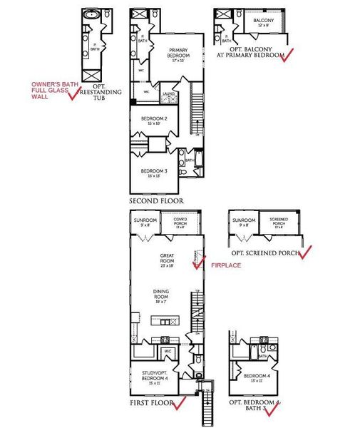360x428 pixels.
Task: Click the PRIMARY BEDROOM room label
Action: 168,56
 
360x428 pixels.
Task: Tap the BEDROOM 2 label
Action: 155,120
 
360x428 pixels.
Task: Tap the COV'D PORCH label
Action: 179,221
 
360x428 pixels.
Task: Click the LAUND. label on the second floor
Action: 170,93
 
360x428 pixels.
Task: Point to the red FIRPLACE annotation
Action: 227,265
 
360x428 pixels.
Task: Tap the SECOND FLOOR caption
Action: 156,202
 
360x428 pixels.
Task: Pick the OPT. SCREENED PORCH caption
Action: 265,254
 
